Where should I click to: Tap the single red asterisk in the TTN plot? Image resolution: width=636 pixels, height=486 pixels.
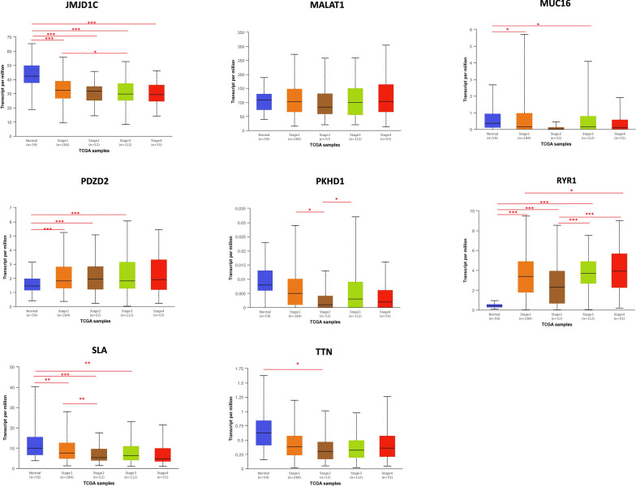pyautogui.click(x=298, y=364)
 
